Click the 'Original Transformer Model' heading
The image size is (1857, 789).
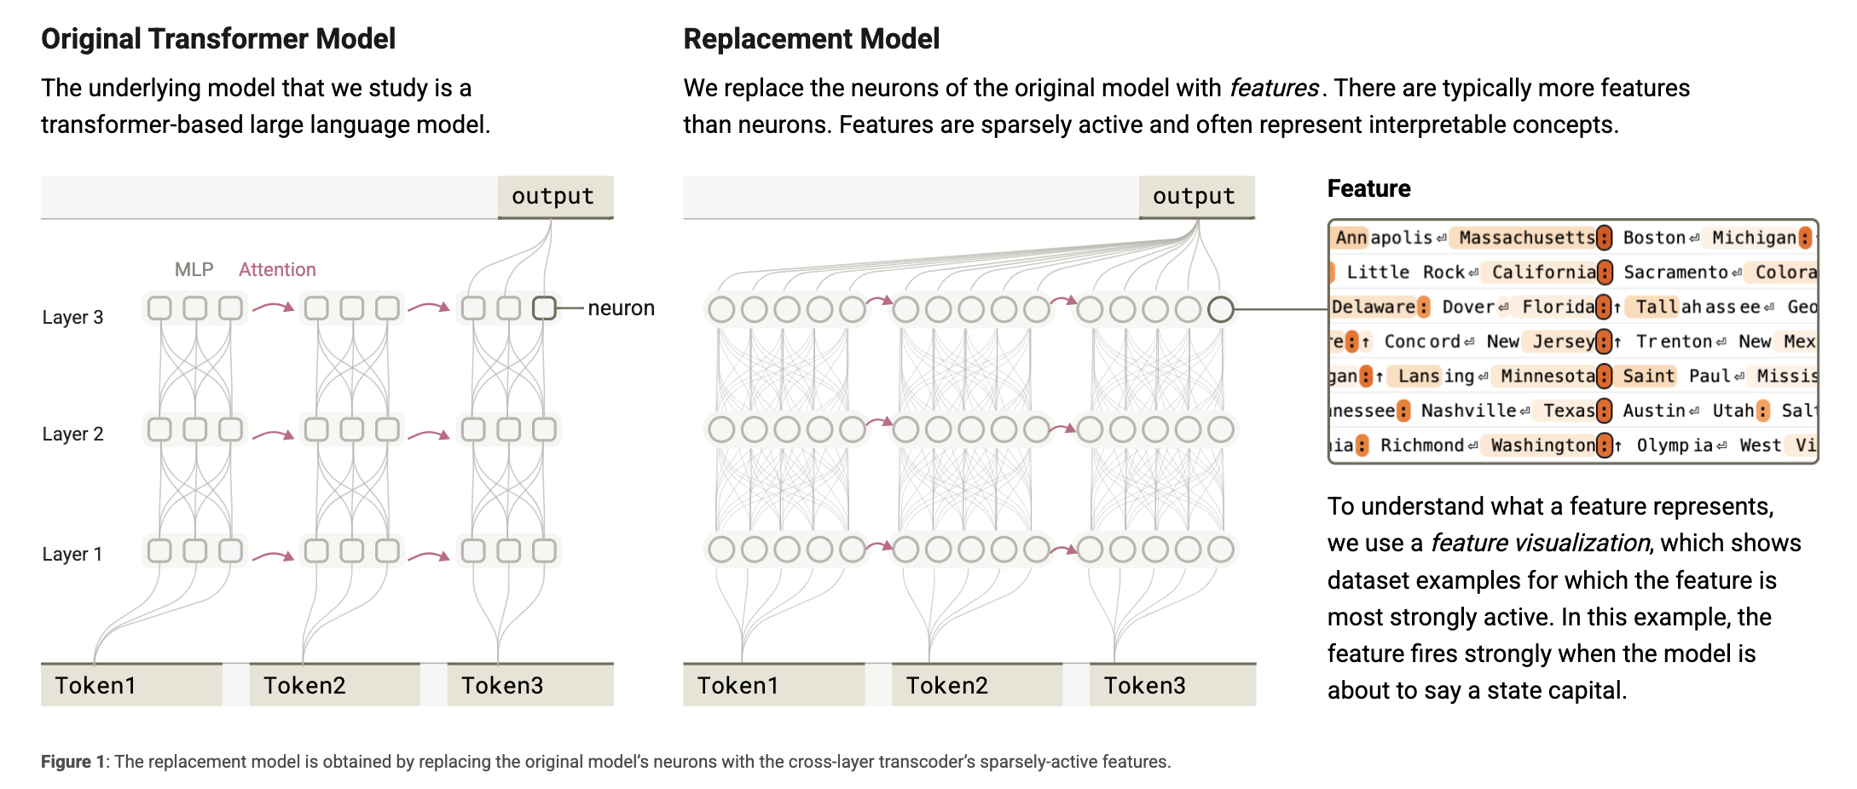[x=218, y=39]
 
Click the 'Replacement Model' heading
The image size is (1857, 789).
[x=811, y=39]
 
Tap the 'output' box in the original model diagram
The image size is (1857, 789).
[x=555, y=197]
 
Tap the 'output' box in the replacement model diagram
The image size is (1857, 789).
[x=1196, y=197]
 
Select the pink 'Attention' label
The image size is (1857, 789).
[x=277, y=269]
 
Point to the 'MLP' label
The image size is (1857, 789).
[x=194, y=269]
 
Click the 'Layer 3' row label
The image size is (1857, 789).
[x=72, y=317]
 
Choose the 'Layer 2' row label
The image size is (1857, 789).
[x=72, y=434]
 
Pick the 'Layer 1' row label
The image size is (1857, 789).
[x=72, y=554]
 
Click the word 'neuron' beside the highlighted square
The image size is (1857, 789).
[x=621, y=308]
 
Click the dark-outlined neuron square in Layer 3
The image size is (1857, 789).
[x=544, y=308]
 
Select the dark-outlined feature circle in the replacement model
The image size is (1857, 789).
[x=1221, y=309]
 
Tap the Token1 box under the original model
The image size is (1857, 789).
[x=131, y=685]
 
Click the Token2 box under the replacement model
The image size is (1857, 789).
[x=977, y=685]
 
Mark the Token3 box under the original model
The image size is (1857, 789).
[x=530, y=685]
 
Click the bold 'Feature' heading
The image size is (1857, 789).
[x=1368, y=188]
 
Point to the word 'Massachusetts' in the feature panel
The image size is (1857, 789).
[x=1526, y=238]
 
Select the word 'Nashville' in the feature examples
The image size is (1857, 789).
[x=1468, y=411]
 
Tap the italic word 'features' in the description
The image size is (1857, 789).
[x=1274, y=88]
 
